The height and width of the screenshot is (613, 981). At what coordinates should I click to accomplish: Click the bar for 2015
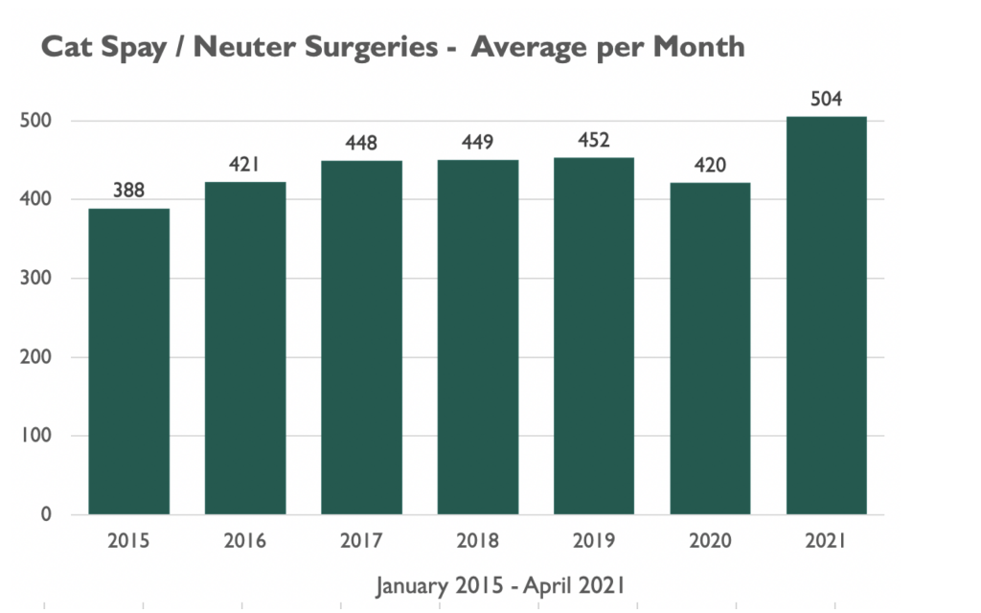[128, 361]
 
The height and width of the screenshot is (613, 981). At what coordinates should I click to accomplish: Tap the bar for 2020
[710, 349]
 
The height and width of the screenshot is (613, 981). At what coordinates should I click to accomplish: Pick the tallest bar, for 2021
[826, 315]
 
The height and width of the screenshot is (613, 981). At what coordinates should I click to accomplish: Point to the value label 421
[245, 166]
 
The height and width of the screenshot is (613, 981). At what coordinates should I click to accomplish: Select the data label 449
[478, 144]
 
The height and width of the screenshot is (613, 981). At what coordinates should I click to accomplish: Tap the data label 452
[594, 142]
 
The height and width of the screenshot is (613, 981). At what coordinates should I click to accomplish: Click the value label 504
[826, 100]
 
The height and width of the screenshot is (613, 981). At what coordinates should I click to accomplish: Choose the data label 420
[710, 167]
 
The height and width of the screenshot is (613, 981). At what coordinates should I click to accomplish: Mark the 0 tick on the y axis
[44, 515]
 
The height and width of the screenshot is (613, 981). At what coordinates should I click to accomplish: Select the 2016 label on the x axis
[245, 541]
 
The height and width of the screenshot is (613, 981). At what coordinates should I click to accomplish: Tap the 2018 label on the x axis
[478, 541]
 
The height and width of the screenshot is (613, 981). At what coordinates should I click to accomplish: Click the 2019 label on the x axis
[594, 541]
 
